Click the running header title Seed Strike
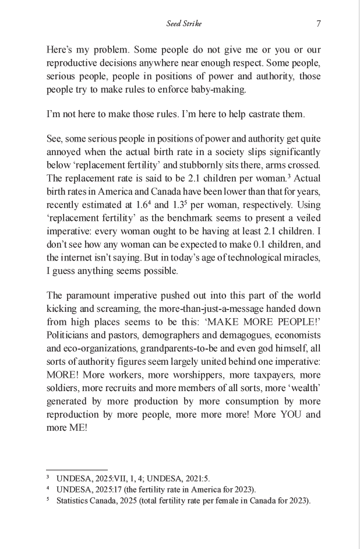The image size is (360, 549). (183, 24)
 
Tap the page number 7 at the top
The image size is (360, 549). (318, 24)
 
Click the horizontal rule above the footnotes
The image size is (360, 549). (77, 469)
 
